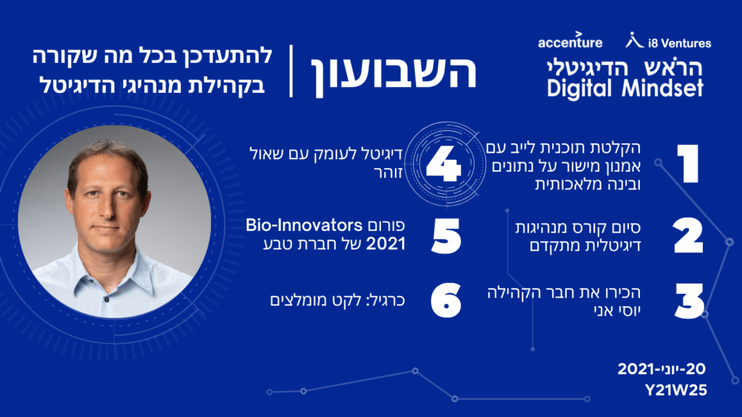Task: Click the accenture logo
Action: [x=570, y=41]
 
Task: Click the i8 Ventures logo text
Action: [x=679, y=43]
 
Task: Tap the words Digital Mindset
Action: [x=625, y=88]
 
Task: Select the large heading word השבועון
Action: [x=393, y=72]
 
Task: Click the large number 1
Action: [x=688, y=164]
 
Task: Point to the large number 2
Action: [x=688, y=235]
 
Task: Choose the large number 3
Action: [x=690, y=301]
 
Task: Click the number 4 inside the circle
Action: [x=443, y=164]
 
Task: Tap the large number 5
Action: [x=446, y=235]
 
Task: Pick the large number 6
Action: [x=446, y=300]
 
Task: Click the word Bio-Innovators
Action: [x=304, y=225]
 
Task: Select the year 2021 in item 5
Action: [x=385, y=244]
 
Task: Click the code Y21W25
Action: [x=675, y=390]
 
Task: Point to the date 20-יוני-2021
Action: [x=661, y=368]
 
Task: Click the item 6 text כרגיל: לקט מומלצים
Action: [x=338, y=300]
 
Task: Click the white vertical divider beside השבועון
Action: [x=291, y=72]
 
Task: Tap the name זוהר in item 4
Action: [x=388, y=173]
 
